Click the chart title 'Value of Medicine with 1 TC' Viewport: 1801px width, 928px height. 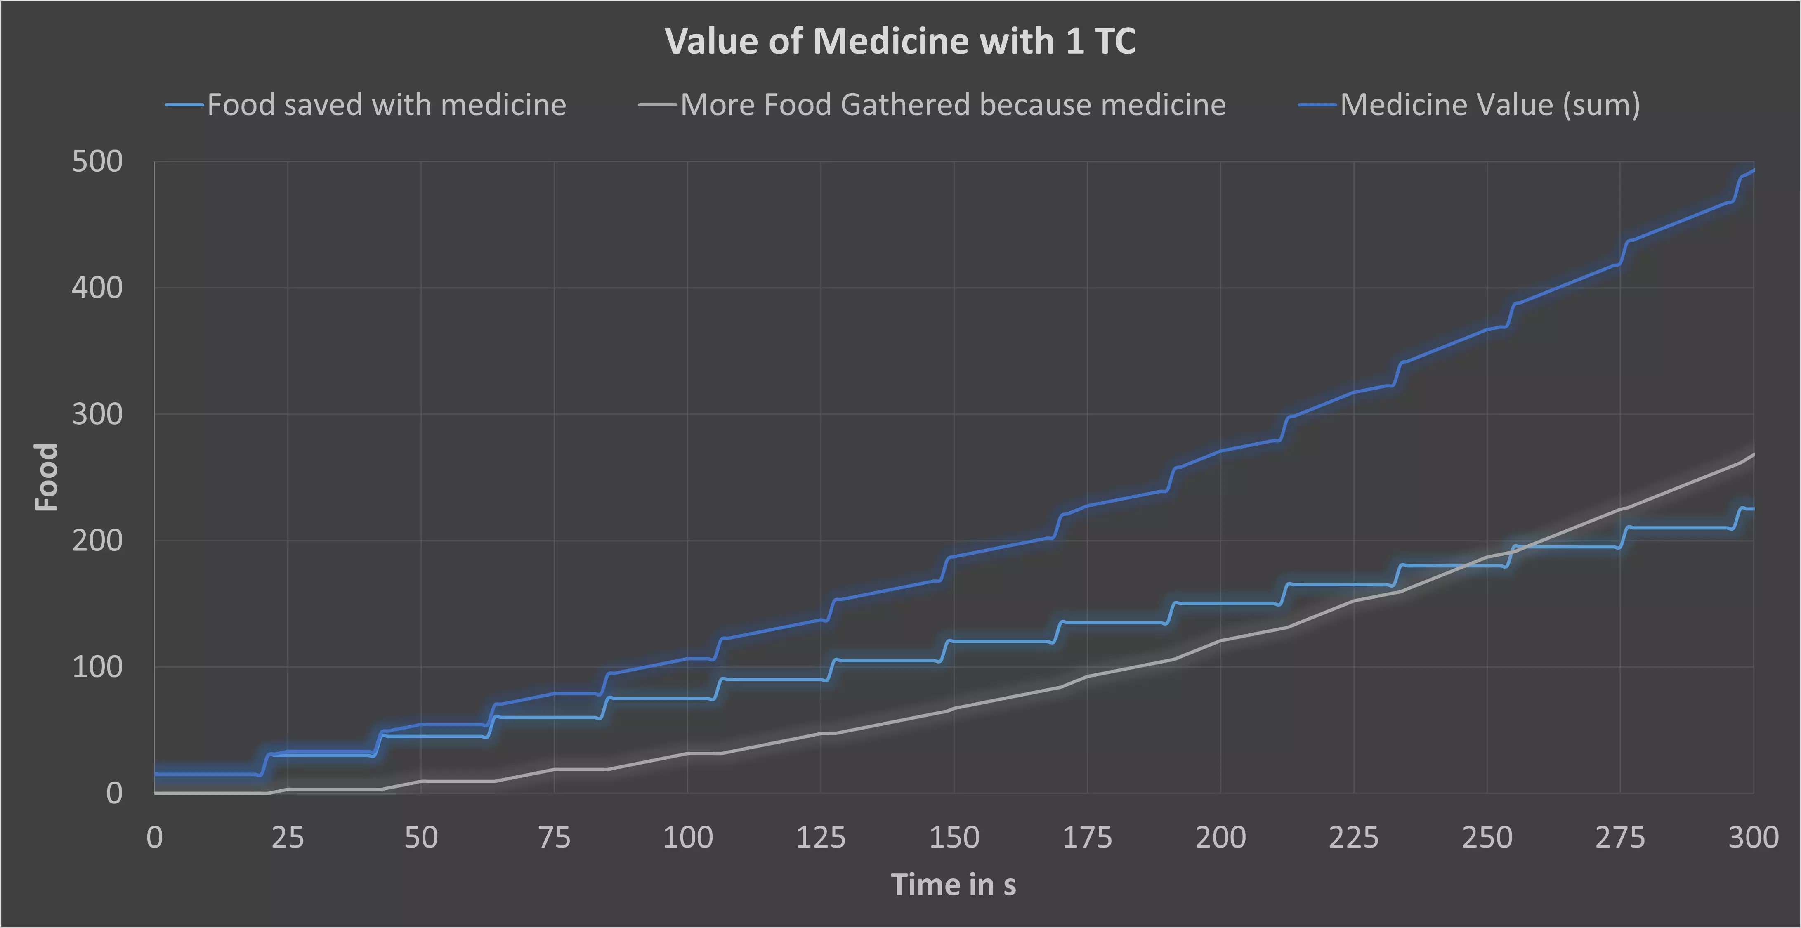[x=900, y=41]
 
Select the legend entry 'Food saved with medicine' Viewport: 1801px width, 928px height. [x=386, y=105]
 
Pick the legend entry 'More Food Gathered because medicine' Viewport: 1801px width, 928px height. [x=952, y=105]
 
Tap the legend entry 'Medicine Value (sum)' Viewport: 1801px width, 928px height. [x=1489, y=105]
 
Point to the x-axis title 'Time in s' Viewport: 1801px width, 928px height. [x=953, y=885]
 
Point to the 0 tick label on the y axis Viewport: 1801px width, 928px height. [x=114, y=793]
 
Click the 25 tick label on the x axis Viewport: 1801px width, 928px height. [x=287, y=837]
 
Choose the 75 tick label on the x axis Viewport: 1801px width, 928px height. [x=555, y=837]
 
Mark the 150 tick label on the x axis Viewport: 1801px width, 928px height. [x=954, y=837]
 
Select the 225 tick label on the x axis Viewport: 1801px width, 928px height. [x=1354, y=837]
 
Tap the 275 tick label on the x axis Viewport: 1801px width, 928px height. [x=1620, y=837]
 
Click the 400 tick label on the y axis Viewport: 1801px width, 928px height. [x=97, y=288]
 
